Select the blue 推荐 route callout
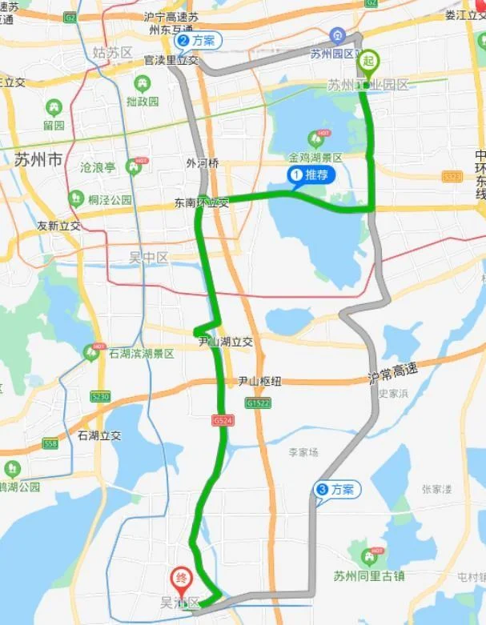coord(311,175)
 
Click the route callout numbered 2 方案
coord(196,41)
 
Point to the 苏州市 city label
coord(38,159)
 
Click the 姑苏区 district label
coord(112,53)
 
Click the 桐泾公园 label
coord(110,199)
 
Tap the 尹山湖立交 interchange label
coord(226,342)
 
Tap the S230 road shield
coord(100,395)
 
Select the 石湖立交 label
coord(100,435)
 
